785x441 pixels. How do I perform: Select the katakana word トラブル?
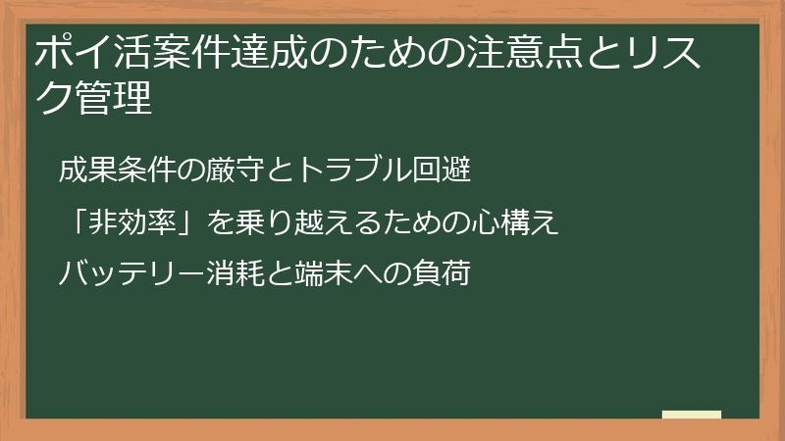click(323, 171)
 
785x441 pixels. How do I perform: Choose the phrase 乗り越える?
click(285, 223)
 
